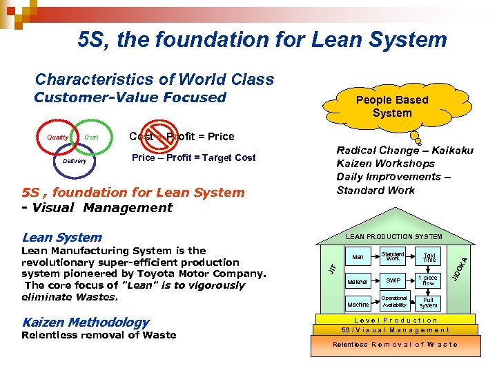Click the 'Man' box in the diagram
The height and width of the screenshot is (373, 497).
358,258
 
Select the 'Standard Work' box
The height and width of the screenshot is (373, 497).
393,256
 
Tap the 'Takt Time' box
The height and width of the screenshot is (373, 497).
429,258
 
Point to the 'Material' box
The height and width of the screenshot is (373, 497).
358,281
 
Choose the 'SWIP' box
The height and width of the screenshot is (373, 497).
393,281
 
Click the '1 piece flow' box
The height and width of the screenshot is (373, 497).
429,281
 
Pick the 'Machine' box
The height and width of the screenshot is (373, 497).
358,304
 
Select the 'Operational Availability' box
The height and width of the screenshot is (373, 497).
394,301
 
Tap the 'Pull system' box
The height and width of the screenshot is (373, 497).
429,302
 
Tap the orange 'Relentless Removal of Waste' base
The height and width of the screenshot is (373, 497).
396,345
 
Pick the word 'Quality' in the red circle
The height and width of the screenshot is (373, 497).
58,137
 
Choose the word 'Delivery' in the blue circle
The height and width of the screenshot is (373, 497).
75,161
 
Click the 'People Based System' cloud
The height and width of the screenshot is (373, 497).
391,106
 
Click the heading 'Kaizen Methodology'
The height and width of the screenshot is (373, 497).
86,322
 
